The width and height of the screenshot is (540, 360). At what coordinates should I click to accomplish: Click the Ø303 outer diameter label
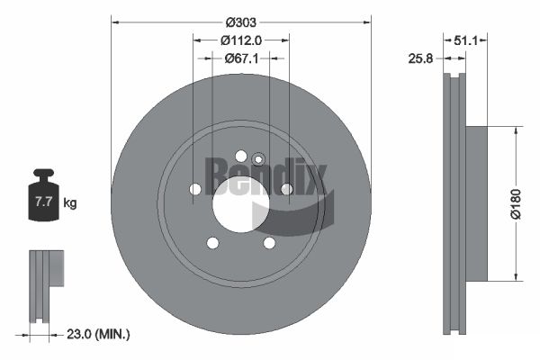(x=240, y=22)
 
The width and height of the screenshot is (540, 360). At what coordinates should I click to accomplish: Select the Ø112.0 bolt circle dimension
(x=241, y=40)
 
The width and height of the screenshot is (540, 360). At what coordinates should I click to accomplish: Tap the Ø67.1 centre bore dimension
(x=241, y=58)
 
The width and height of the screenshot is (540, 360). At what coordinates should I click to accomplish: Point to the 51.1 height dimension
(x=465, y=40)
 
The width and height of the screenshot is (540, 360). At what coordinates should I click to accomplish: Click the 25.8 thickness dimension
(x=420, y=58)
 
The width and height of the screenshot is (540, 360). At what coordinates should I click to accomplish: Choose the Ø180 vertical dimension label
(x=516, y=204)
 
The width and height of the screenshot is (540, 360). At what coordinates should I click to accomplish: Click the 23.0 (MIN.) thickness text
(x=98, y=334)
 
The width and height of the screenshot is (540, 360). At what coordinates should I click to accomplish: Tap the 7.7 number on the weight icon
(x=43, y=202)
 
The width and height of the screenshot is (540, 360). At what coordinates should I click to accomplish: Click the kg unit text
(x=70, y=202)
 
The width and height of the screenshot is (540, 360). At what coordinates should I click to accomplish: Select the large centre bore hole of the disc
(x=240, y=204)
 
